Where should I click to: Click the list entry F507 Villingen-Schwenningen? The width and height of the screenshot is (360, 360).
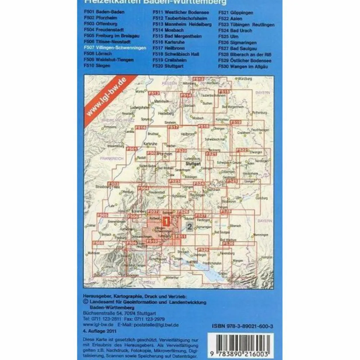coord(115,48)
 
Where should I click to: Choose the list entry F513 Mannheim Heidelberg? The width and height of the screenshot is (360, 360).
coord(182,24)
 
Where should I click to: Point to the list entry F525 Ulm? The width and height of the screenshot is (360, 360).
coord(228,36)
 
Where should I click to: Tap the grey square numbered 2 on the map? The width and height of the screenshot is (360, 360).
coord(190,227)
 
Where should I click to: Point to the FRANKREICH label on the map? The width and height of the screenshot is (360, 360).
coord(111,159)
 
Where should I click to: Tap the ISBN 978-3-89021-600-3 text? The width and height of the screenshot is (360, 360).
coord(243,327)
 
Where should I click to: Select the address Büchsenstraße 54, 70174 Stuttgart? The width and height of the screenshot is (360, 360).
coord(120,313)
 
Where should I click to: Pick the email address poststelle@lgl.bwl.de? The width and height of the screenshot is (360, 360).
coord(156,325)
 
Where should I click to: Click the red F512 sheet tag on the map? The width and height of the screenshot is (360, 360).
coord(199,80)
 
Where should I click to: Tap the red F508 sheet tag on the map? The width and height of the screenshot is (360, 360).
coord(98,243)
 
